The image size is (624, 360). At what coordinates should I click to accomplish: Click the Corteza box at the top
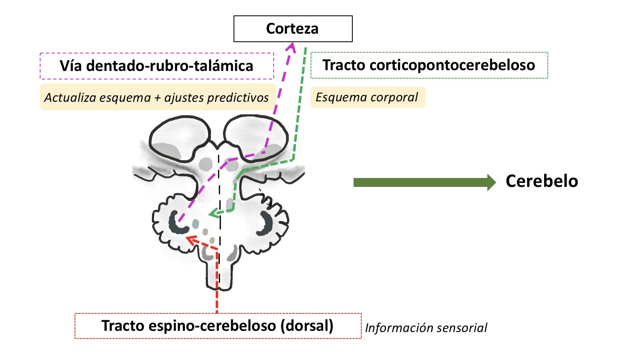pyautogui.click(x=293, y=29)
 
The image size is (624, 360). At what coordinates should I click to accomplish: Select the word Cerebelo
pyautogui.click(x=542, y=181)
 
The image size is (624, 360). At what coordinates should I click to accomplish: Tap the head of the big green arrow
pyautogui.click(x=491, y=182)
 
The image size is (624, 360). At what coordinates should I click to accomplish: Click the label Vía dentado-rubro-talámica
pyautogui.click(x=157, y=66)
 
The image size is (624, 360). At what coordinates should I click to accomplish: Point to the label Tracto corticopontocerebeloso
pyautogui.click(x=429, y=65)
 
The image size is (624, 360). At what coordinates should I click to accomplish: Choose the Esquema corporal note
pyautogui.click(x=367, y=97)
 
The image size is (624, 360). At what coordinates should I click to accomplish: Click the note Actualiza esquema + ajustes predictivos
pyautogui.click(x=157, y=97)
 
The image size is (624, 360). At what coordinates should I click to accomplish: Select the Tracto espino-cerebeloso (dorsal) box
pyautogui.click(x=218, y=326)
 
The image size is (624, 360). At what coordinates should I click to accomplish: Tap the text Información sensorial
pyautogui.click(x=426, y=328)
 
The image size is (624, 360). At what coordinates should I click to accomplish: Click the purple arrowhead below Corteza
pyautogui.click(x=291, y=47)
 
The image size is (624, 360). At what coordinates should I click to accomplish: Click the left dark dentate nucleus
pyautogui.click(x=177, y=223)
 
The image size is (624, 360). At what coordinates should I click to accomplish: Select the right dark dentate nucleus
pyautogui.click(x=266, y=223)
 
